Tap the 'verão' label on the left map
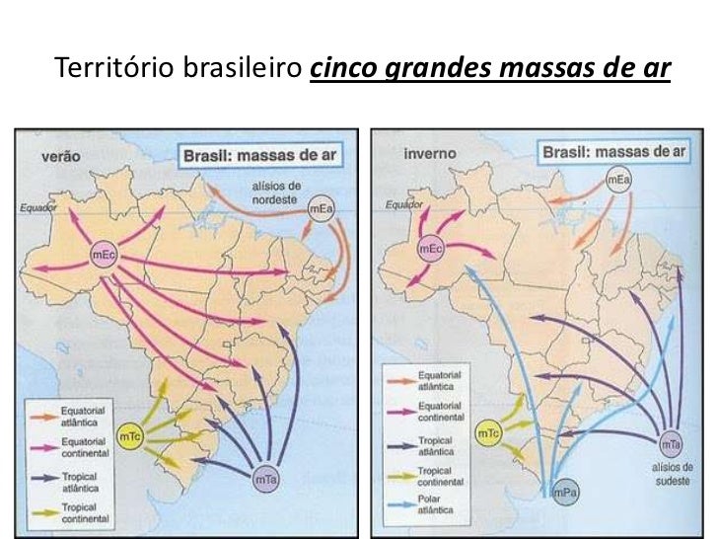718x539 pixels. tap(61, 156)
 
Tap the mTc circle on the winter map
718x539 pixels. tap(487, 432)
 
